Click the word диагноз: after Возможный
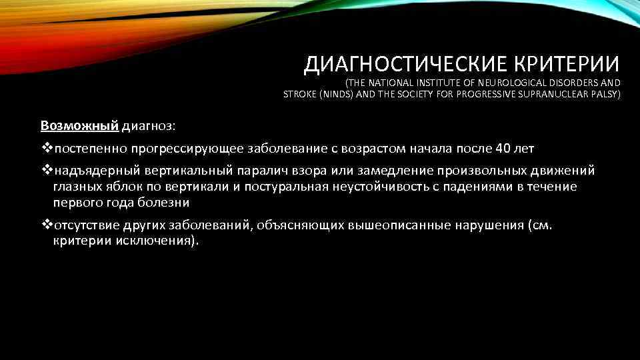(x=149, y=125)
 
